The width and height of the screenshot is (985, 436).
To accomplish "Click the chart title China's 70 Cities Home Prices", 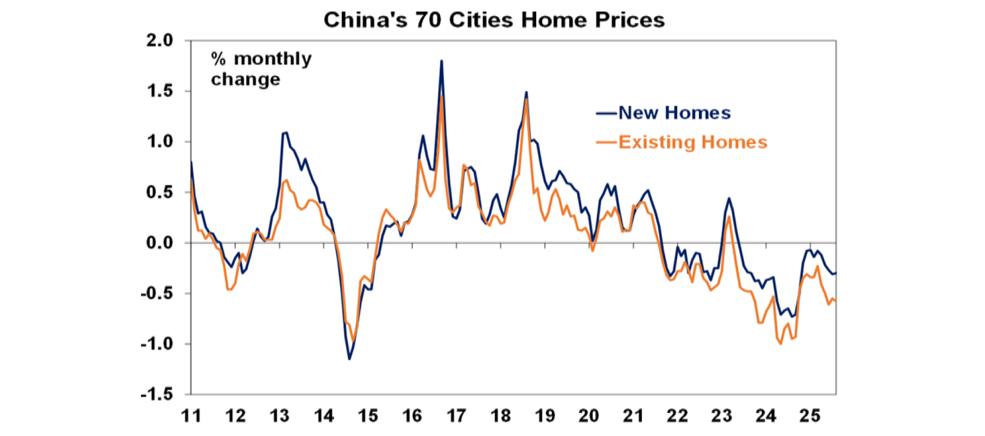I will coord(494,19).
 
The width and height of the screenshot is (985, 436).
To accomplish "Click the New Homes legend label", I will coord(674,113).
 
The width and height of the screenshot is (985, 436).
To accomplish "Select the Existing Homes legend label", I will coord(693,142).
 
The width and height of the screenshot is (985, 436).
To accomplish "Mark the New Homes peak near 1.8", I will coord(441,61).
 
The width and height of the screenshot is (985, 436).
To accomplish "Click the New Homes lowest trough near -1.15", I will coord(349,358).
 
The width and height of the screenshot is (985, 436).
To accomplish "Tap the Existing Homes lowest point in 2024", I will coord(780,344).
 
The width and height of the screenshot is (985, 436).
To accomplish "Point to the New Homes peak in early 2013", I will coord(286,133).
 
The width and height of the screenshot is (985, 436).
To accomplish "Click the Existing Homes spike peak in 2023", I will coord(730,217).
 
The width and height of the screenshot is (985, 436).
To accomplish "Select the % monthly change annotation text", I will coord(261,69).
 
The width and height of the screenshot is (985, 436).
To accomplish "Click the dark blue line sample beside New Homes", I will coord(607,113).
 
